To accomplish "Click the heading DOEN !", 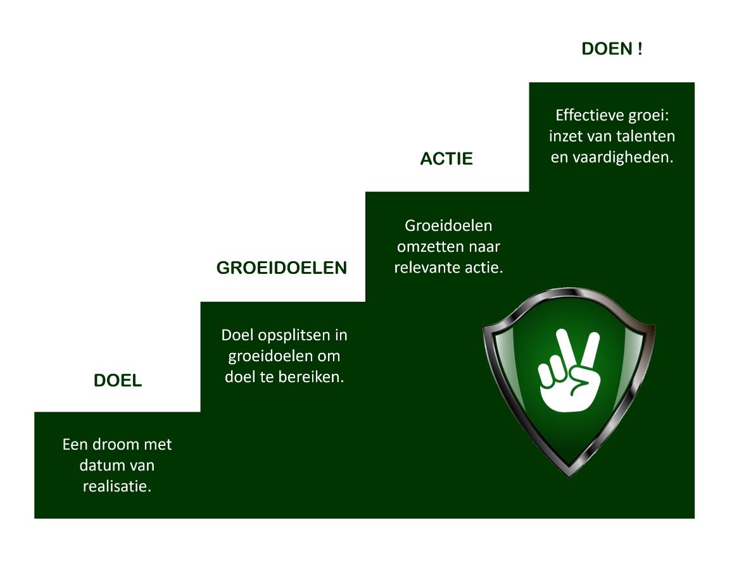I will [612, 49].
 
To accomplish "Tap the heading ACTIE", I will [446, 159].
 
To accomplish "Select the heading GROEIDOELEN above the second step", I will [282, 268].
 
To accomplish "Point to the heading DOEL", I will [118, 381].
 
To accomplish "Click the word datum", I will [101, 465].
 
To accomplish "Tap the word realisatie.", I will [117, 487].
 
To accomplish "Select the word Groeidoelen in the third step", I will [448, 225].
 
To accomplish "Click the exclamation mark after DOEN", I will [640, 49].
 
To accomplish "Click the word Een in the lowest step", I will [73, 444].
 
